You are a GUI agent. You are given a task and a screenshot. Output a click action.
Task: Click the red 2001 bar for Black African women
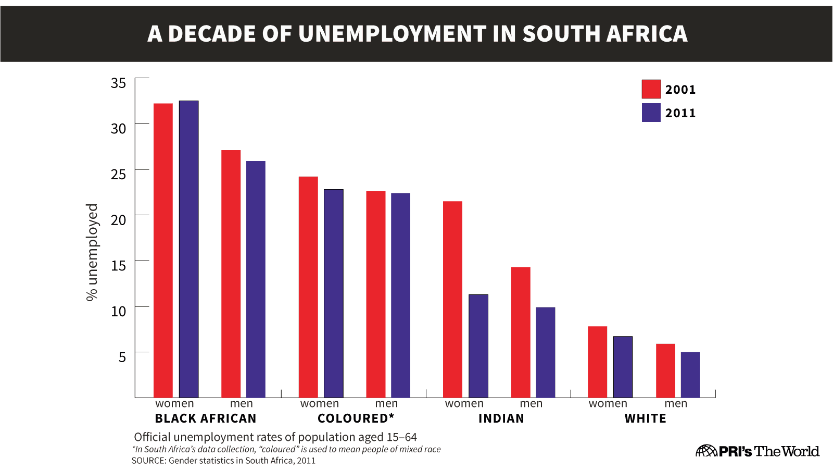pyautogui.click(x=163, y=250)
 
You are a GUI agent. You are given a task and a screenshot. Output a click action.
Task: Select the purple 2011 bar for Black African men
pyautogui.click(x=256, y=279)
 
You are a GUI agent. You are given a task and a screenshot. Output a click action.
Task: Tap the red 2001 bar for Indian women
pyautogui.click(x=452, y=299)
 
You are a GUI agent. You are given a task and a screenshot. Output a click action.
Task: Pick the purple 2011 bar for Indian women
pyautogui.click(x=478, y=346)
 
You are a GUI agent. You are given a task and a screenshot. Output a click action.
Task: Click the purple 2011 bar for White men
pyautogui.click(x=690, y=375)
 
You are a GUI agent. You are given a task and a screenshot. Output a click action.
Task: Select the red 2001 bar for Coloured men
pyautogui.click(x=376, y=294)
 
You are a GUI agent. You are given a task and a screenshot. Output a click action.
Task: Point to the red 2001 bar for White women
pyautogui.click(x=597, y=362)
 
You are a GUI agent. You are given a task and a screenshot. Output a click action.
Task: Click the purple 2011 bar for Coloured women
pyautogui.click(x=334, y=293)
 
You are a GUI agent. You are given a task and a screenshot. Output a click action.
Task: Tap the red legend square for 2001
pyautogui.click(x=651, y=89)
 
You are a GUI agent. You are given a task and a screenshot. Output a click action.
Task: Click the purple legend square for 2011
pyautogui.click(x=651, y=113)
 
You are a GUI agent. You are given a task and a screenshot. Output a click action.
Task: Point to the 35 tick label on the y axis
pyautogui.click(x=118, y=83)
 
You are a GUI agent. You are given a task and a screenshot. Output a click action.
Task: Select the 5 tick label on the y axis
pyautogui.click(x=122, y=357)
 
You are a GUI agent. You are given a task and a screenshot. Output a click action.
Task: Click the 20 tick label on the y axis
pyautogui.click(x=118, y=220)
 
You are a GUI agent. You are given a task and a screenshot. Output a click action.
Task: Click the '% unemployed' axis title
pyautogui.click(x=92, y=252)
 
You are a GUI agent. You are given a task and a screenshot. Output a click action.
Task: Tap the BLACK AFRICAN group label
pyautogui.click(x=206, y=418)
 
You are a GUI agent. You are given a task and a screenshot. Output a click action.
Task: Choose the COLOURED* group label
pyautogui.click(x=356, y=418)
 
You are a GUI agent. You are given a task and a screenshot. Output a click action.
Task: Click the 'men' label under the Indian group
pyautogui.click(x=531, y=404)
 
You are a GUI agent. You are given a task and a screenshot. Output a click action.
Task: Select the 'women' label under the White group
pyautogui.click(x=608, y=404)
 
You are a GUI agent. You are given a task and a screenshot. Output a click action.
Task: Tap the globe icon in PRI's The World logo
pyautogui.click(x=706, y=451)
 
